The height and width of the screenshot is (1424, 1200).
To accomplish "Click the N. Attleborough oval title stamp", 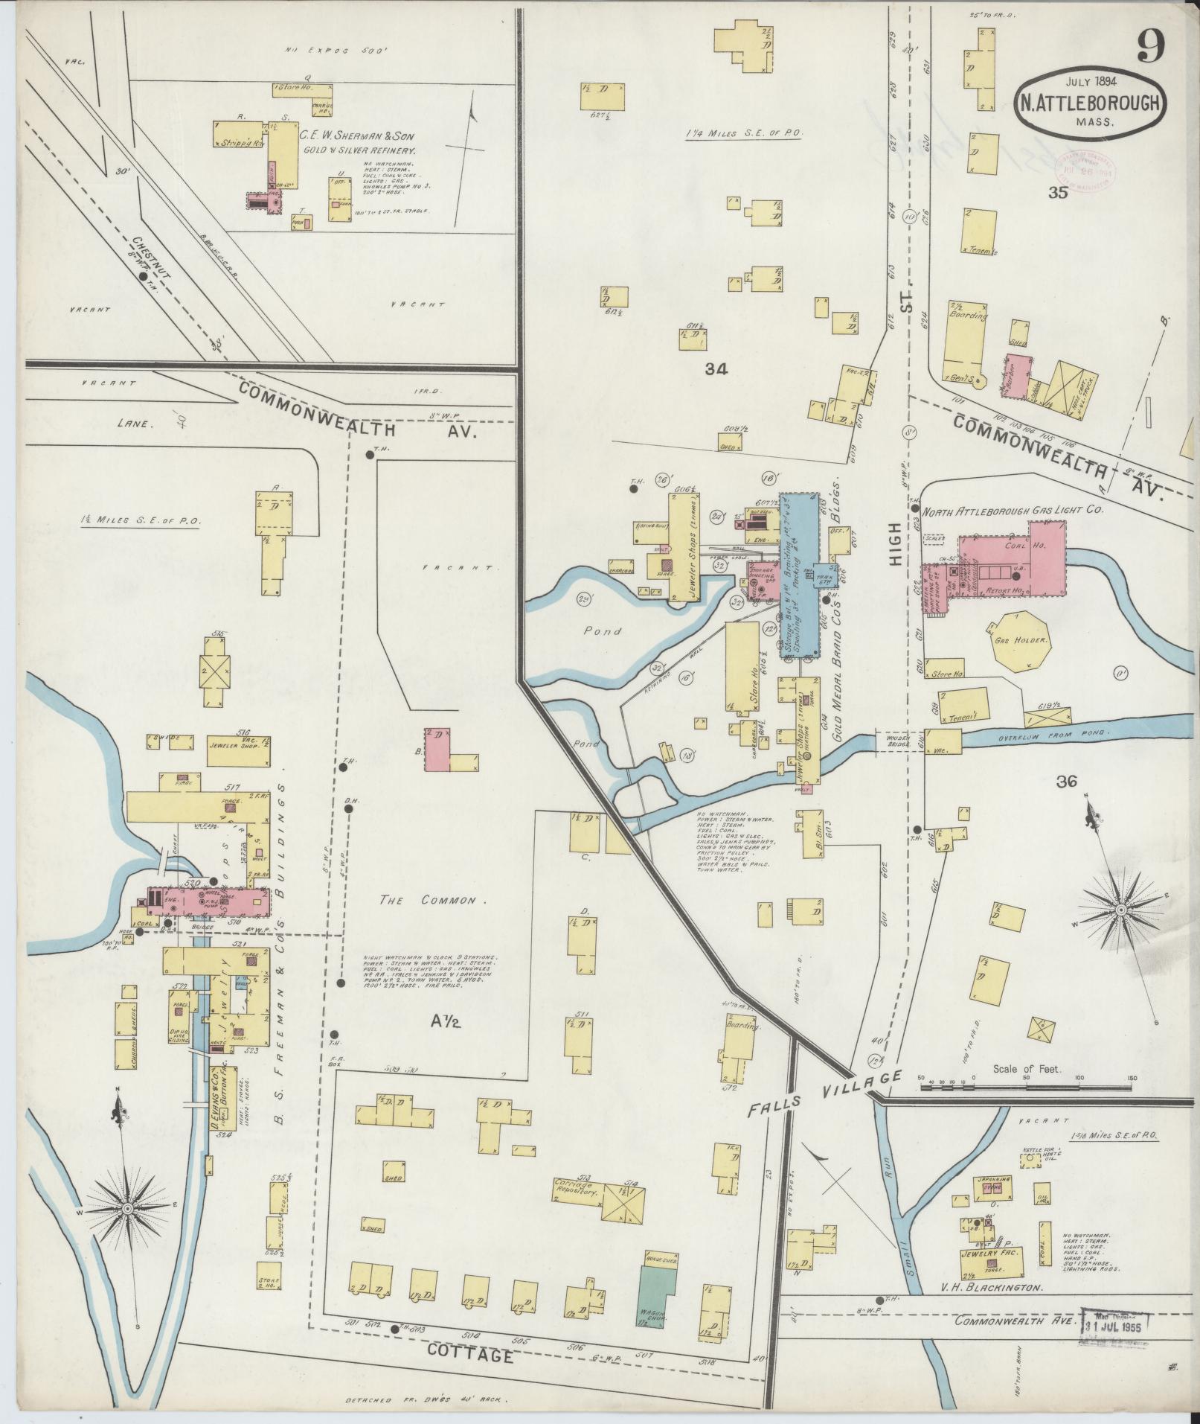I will (x=1088, y=103).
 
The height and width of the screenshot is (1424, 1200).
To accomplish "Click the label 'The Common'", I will (x=427, y=900).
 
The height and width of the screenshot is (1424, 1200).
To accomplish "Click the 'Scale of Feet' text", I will (x=1027, y=1069).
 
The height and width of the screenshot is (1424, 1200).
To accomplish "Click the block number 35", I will (x=1057, y=194).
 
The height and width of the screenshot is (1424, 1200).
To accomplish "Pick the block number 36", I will (x=1066, y=781).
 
